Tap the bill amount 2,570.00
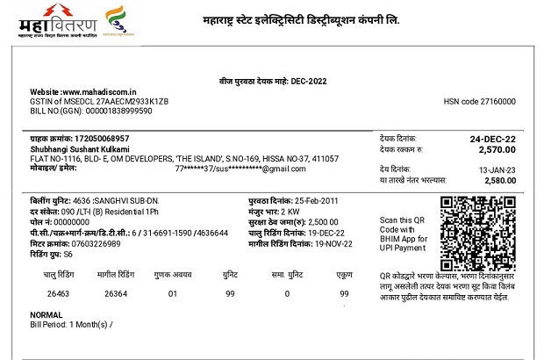tap(497, 151)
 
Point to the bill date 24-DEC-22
tap(493, 139)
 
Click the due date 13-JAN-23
tap(497, 168)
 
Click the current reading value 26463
tap(58, 292)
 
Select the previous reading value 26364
tap(115, 292)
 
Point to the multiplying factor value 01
tap(172, 292)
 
